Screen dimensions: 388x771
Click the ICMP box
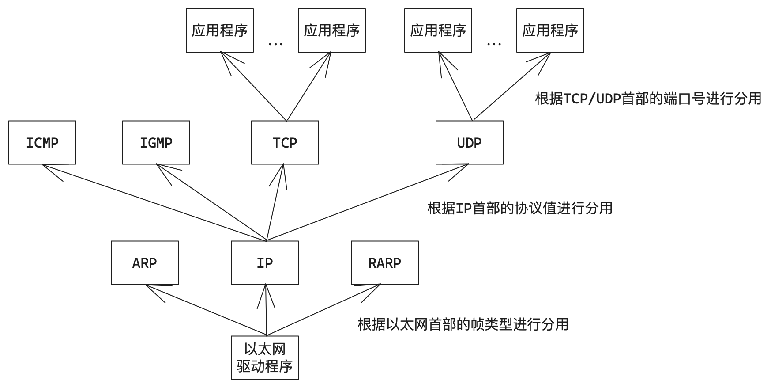(x=42, y=143)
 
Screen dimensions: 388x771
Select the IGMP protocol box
(x=156, y=143)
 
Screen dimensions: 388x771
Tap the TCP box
(x=285, y=143)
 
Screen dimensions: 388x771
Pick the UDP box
(x=470, y=143)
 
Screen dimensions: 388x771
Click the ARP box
(x=145, y=263)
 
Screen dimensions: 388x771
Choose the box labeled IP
(x=265, y=263)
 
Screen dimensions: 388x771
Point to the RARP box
(x=385, y=263)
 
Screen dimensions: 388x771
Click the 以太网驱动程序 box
(x=265, y=358)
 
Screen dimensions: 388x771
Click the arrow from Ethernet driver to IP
(x=266, y=310)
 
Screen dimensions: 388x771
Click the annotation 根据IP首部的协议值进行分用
(x=520, y=208)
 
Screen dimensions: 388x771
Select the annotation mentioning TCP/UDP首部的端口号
(x=648, y=99)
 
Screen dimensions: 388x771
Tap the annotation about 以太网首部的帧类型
(x=463, y=325)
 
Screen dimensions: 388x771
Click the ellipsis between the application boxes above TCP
(x=276, y=44)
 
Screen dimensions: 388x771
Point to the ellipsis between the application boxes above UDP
(x=494, y=44)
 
